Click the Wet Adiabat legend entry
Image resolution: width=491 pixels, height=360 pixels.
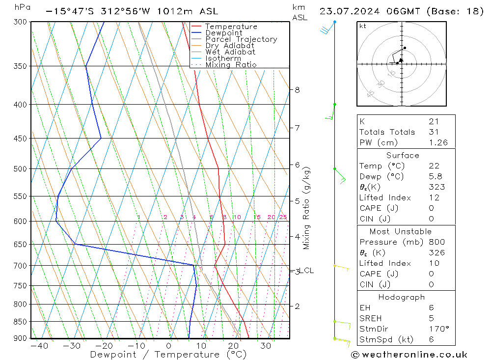(x=230, y=52)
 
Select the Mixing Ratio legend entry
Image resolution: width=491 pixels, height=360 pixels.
(x=231, y=65)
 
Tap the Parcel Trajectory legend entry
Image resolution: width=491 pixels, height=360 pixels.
(x=241, y=39)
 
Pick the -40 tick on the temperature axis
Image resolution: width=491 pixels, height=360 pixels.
(x=39, y=346)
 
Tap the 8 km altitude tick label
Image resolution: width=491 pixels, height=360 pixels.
(x=297, y=90)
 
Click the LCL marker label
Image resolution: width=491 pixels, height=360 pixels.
(x=306, y=271)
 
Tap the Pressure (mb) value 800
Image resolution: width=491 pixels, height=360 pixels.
(x=436, y=242)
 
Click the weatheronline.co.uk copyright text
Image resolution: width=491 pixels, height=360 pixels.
(x=409, y=355)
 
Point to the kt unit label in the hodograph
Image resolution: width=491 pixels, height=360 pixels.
(x=363, y=26)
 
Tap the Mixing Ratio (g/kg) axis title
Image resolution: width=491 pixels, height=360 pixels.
(x=306, y=208)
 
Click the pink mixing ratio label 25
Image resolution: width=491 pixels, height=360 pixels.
(x=283, y=217)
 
